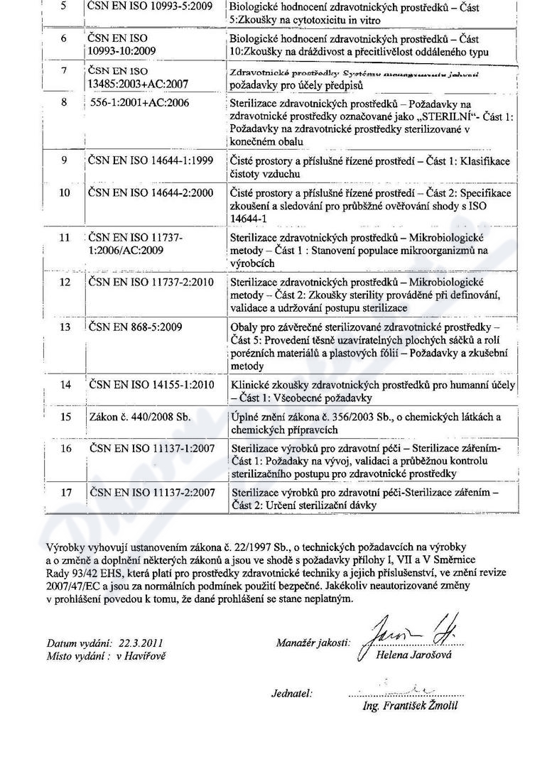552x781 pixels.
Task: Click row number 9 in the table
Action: click(x=65, y=160)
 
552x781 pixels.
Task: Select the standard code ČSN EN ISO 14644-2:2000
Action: click(x=151, y=193)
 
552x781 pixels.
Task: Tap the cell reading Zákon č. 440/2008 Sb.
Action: click(x=141, y=417)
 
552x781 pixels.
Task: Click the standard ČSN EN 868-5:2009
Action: click(x=136, y=327)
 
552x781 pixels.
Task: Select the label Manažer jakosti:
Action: click(x=313, y=643)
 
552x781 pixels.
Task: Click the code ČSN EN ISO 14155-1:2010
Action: click(x=152, y=385)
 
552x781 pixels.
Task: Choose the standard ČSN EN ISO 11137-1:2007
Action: click(x=152, y=449)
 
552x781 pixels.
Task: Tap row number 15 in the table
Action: click(x=65, y=417)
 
